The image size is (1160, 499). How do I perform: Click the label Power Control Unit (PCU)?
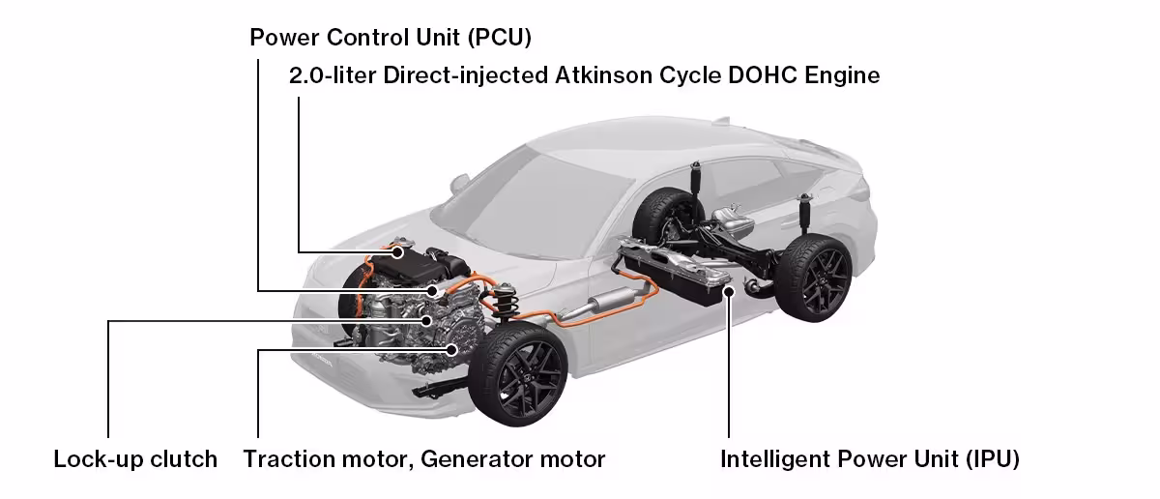click(x=391, y=38)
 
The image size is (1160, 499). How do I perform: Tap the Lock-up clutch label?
click(x=135, y=458)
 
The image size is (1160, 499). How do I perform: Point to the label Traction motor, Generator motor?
click(x=424, y=458)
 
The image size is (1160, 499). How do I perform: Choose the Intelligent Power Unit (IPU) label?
click(x=870, y=458)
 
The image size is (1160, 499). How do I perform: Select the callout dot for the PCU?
click(x=431, y=289)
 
